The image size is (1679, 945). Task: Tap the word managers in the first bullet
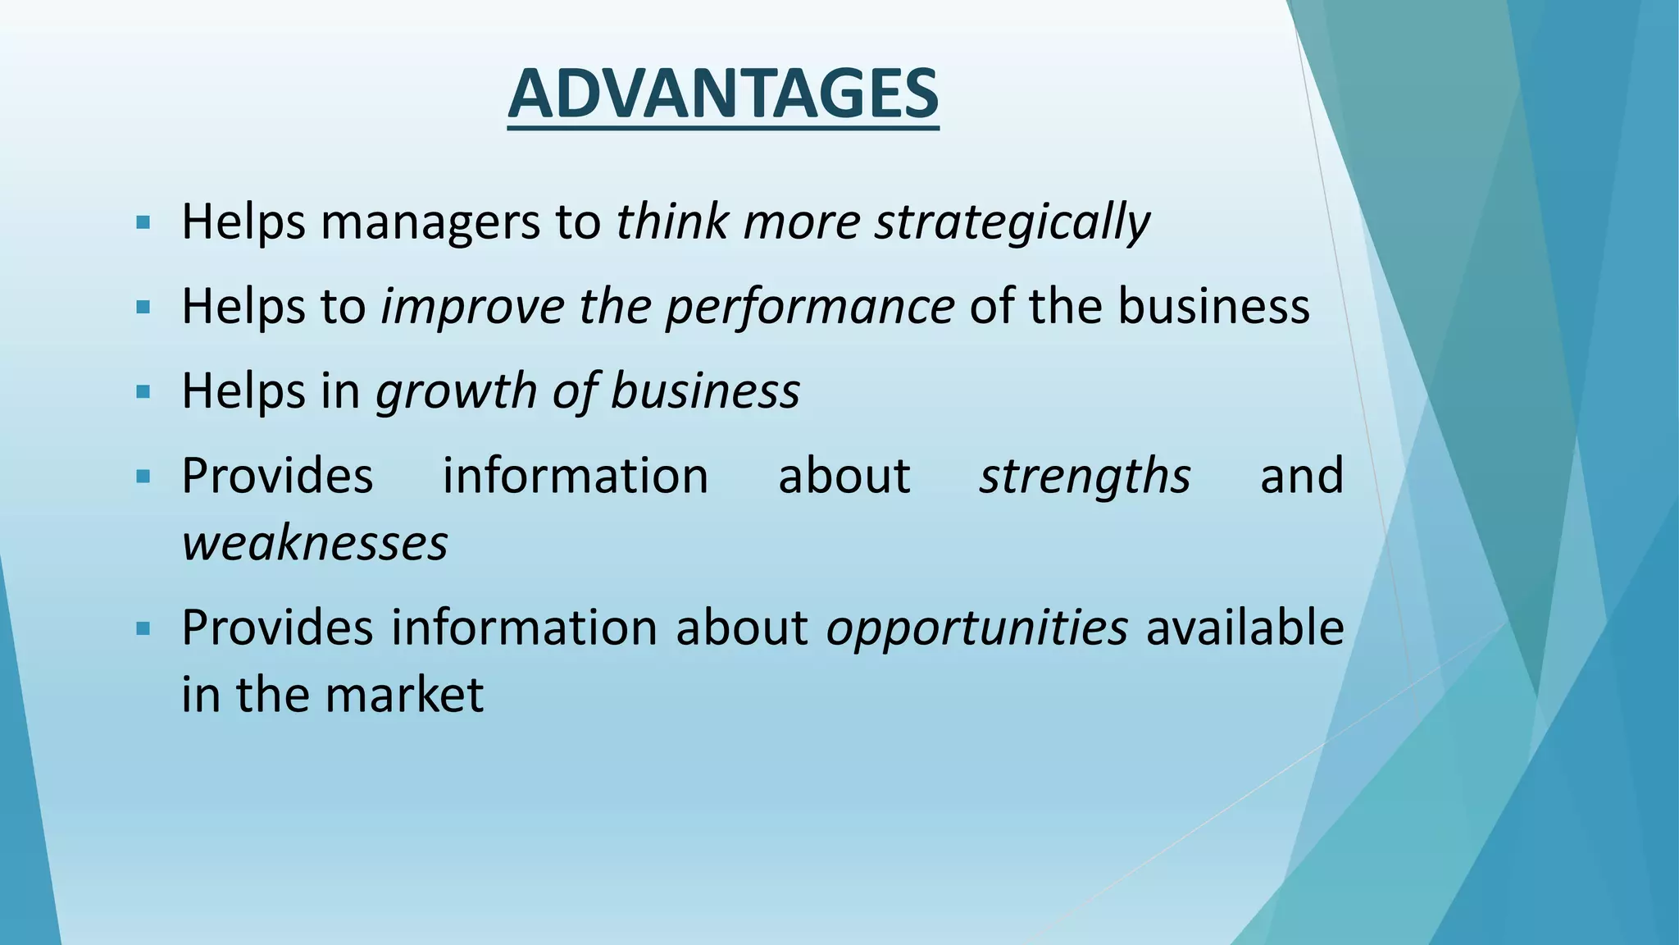pyautogui.click(x=430, y=222)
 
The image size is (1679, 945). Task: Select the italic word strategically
pyautogui.click(x=1012, y=222)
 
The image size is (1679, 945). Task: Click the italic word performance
pyautogui.click(x=810, y=307)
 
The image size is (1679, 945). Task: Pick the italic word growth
pyautogui.click(x=456, y=391)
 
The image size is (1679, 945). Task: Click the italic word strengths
pyautogui.click(x=1085, y=476)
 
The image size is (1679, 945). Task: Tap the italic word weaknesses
pyautogui.click(x=315, y=543)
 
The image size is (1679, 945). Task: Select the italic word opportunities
pyautogui.click(x=976, y=628)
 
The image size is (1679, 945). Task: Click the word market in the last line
pyautogui.click(x=404, y=695)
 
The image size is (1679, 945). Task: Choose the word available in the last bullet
pyautogui.click(x=1244, y=628)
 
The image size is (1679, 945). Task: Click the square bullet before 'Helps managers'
pyautogui.click(x=143, y=222)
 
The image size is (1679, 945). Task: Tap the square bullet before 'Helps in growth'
pyautogui.click(x=143, y=391)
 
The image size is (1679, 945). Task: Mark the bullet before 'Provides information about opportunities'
pyautogui.click(x=143, y=629)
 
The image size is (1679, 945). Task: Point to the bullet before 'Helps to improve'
pyautogui.click(x=143, y=308)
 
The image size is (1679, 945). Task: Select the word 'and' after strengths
pyautogui.click(x=1301, y=476)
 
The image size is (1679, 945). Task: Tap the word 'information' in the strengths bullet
pyautogui.click(x=576, y=476)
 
